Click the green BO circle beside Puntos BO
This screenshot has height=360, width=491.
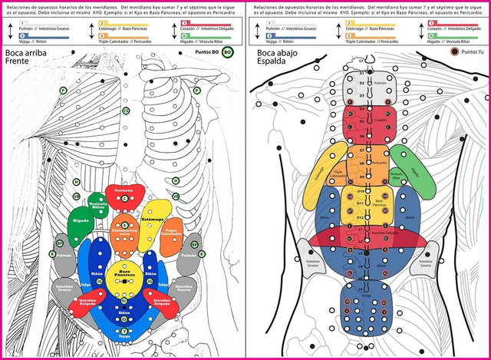click(227, 53)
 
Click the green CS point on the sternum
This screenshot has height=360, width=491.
click(124, 111)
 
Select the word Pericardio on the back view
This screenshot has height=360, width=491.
click(379, 163)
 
